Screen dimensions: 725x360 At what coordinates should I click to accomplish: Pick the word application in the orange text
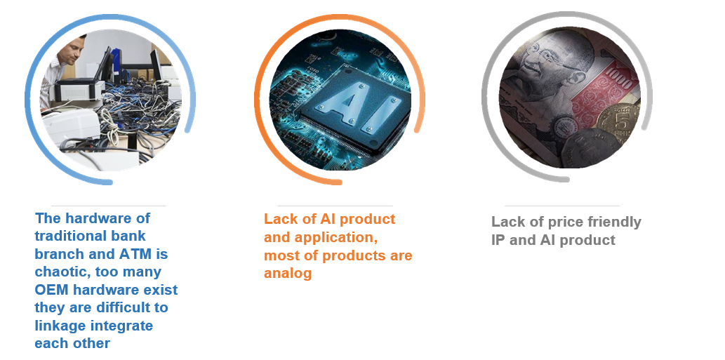(x=335, y=237)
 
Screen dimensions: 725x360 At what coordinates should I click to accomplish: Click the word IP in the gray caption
(x=498, y=240)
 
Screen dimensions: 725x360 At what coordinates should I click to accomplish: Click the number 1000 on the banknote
(x=619, y=78)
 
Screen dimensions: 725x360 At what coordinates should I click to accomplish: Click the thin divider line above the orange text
(x=335, y=206)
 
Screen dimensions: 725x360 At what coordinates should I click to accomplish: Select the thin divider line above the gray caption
(x=561, y=206)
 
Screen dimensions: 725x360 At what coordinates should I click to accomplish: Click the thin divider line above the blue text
(x=109, y=206)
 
